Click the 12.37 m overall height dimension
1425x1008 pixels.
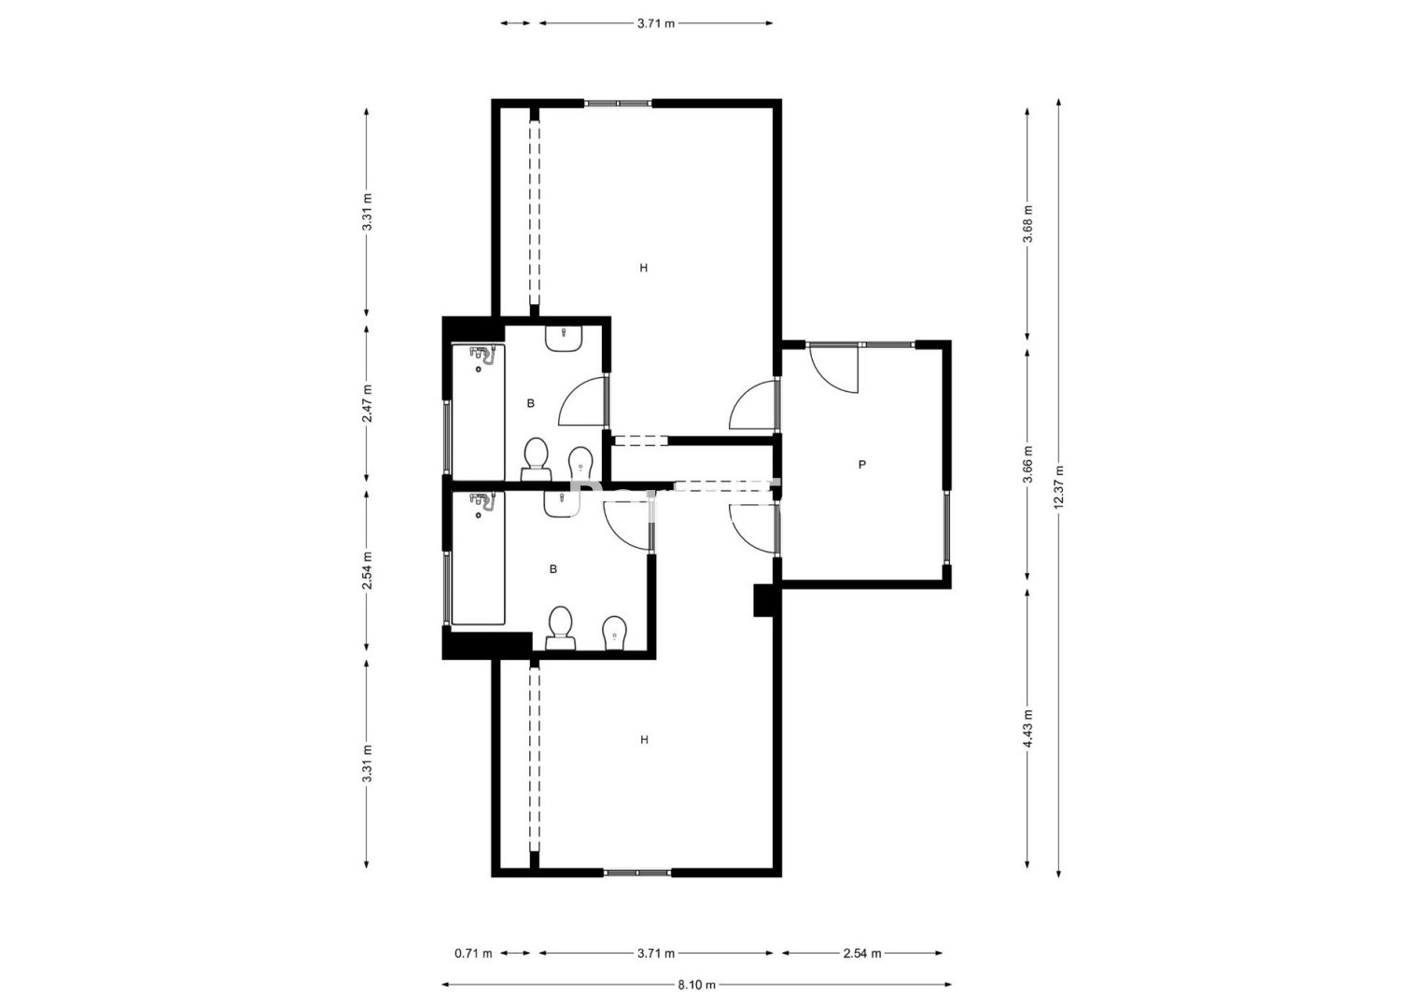click(1058, 487)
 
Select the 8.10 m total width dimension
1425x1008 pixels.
click(696, 985)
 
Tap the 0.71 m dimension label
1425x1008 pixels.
click(473, 953)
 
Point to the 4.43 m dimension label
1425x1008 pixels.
click(1027, 729)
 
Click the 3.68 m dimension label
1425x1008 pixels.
click(1027, 223)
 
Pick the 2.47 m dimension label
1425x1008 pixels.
click(367, 403)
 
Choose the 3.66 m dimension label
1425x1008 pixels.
click(1027, 464)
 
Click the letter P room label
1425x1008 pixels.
click(862, 465)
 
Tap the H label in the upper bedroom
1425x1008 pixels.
click(644, 268)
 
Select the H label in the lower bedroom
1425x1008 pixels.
click(645, 739)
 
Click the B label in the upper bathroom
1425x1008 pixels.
click(531, 403)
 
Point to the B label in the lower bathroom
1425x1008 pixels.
click(552, 569)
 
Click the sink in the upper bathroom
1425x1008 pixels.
click(564, 338)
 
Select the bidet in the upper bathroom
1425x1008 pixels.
click(580, 463)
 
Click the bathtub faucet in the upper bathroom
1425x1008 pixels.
click(482, 356)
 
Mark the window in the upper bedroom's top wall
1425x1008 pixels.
click(619, 103)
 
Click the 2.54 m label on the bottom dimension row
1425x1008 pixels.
click(862, 953)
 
